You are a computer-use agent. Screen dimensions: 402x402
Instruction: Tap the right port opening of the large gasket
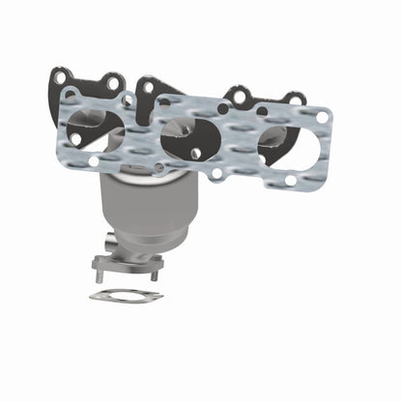(288, 144)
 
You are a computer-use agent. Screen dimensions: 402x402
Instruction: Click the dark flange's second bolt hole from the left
(114, 81)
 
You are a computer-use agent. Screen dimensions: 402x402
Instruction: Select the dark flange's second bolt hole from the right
(238, 95)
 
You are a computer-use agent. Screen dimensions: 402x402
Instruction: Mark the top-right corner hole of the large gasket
(323, 117)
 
